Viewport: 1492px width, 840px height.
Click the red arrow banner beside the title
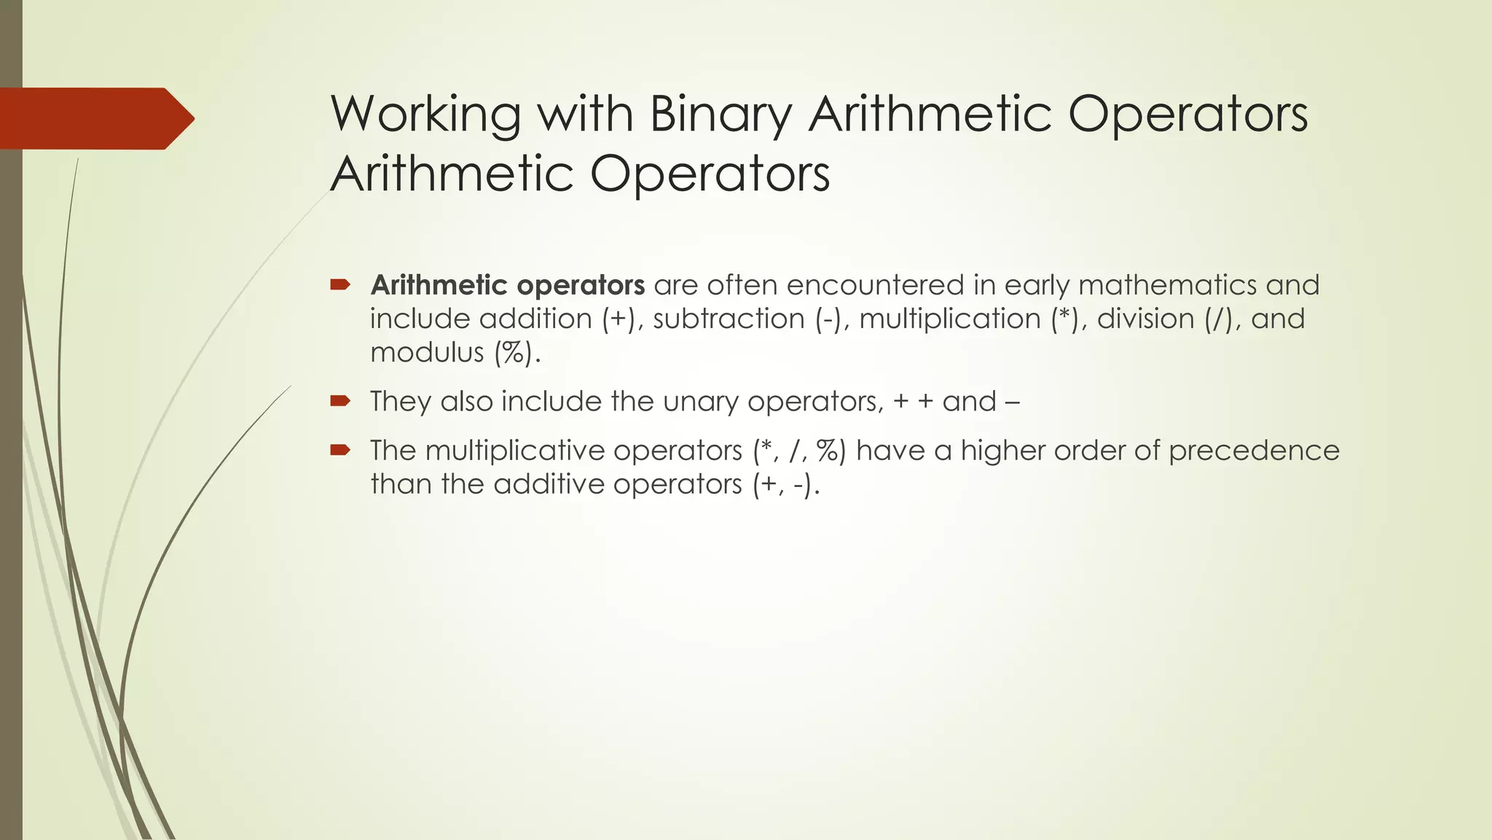(95, 118)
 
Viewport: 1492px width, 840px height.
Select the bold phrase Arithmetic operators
(507, 285)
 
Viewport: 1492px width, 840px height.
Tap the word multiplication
(950, 319)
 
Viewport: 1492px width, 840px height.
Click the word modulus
(427, 353)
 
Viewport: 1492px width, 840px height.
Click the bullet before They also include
(339, 400)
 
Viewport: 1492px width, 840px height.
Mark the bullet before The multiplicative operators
(339, 449)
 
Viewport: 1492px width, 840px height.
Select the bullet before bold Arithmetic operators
(339, 284)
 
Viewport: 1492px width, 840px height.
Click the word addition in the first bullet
(535, 319)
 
